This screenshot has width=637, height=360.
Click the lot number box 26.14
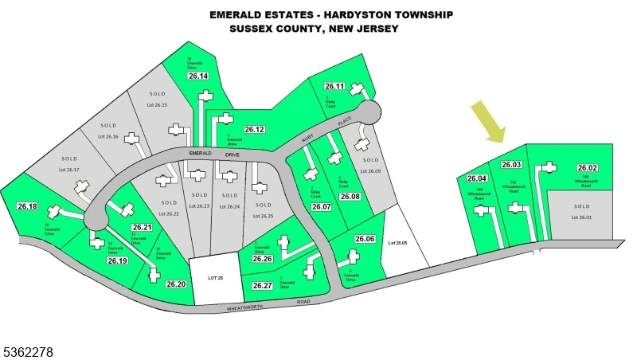click(x=198, y=76)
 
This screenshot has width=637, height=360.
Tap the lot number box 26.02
click(x=587, y=168)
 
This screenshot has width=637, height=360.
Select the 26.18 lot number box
click(x=27, y=206)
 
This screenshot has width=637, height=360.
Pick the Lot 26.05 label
click(x=397, y=242)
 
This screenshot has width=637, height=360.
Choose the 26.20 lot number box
click(x=176, y=284)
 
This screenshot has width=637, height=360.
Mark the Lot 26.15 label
click(x=157, y=104)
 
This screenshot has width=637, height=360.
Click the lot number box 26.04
click(x=477, y=178)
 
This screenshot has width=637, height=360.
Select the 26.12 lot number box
click(x=254, y=129)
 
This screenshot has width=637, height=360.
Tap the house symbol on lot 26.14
click(x=205, y=96)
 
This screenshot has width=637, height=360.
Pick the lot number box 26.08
click(x=350, y=196)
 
